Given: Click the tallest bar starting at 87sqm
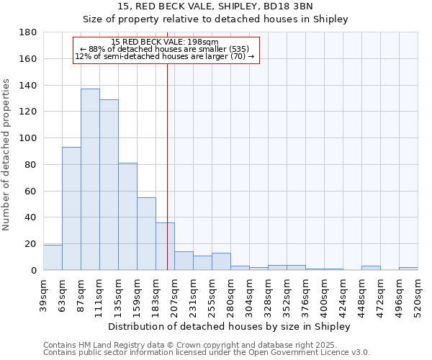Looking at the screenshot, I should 90,179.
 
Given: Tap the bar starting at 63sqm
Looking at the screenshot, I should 71,209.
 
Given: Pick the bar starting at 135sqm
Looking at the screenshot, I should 127,217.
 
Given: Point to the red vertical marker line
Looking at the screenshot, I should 167,180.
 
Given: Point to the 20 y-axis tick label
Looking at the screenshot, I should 32,244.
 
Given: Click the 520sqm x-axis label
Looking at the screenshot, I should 418,296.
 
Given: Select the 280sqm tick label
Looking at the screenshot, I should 230,296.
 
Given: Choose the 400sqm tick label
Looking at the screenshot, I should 324,296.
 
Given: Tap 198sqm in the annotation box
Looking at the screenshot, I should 194,42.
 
